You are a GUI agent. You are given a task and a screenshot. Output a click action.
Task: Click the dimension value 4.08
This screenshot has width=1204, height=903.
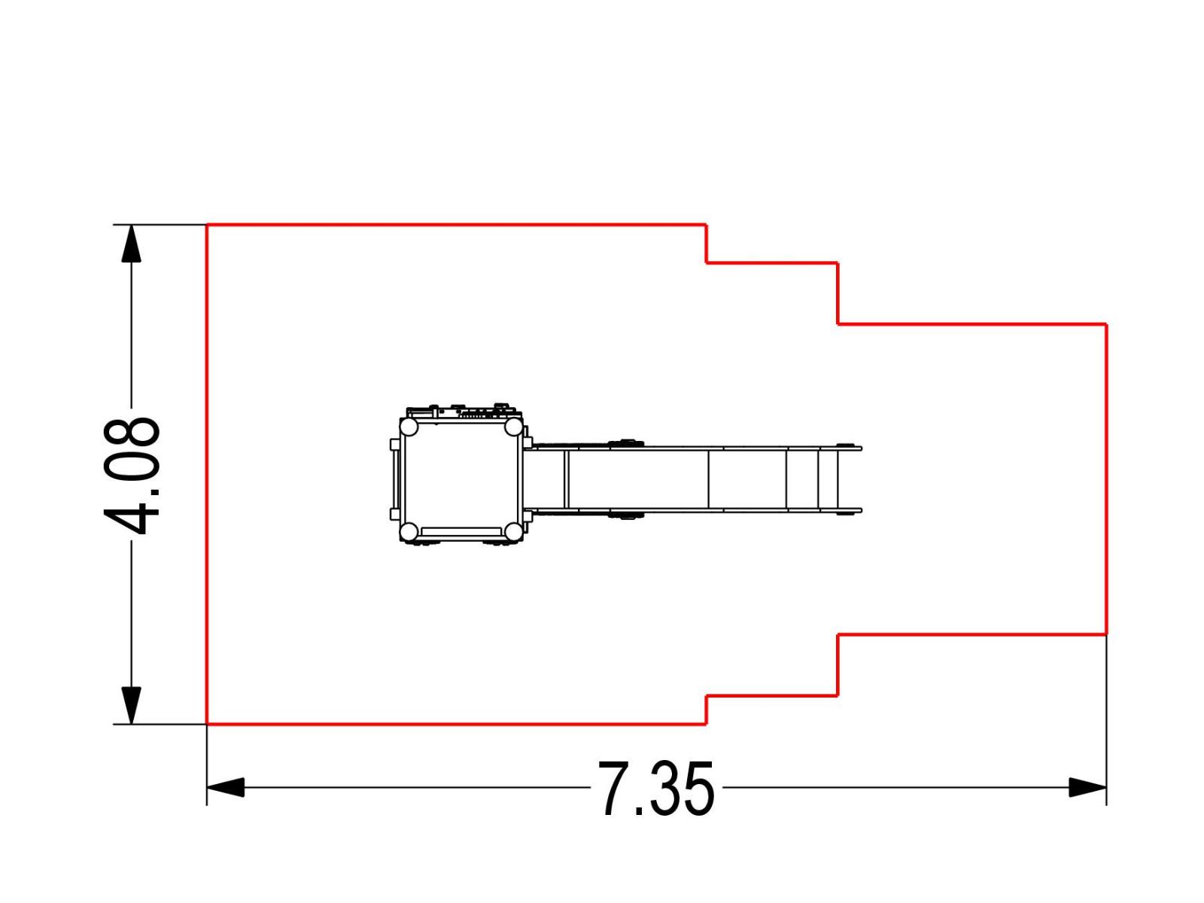(132, 476)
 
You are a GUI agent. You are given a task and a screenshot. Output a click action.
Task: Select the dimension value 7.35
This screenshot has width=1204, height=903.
(656, 789)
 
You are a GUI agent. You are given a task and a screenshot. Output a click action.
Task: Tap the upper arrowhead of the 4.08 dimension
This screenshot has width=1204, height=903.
(131, 243)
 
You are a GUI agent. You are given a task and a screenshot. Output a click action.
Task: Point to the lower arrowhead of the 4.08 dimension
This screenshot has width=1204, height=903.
(131, 706)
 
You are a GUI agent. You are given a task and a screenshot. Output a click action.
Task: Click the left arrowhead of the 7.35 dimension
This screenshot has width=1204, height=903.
(226, 788)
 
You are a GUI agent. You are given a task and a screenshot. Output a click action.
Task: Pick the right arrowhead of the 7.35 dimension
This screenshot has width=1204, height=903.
(1087, 788)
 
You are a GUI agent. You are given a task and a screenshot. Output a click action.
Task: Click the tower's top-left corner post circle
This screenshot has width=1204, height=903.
(409, 427)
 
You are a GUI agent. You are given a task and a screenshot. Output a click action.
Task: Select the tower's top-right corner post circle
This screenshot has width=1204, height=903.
(513, 427)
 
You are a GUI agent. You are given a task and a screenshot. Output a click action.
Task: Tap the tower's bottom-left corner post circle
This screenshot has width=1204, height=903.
(409, 531)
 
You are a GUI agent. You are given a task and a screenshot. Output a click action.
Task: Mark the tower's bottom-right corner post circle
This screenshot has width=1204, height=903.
(513, 531)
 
